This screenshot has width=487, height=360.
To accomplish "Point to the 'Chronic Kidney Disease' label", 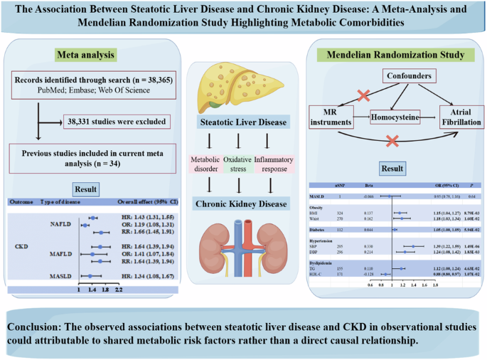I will click(243, 204).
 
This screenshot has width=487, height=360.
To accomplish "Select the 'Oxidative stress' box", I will click(242, 163).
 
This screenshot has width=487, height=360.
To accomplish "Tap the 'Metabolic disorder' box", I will click(205, 163).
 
